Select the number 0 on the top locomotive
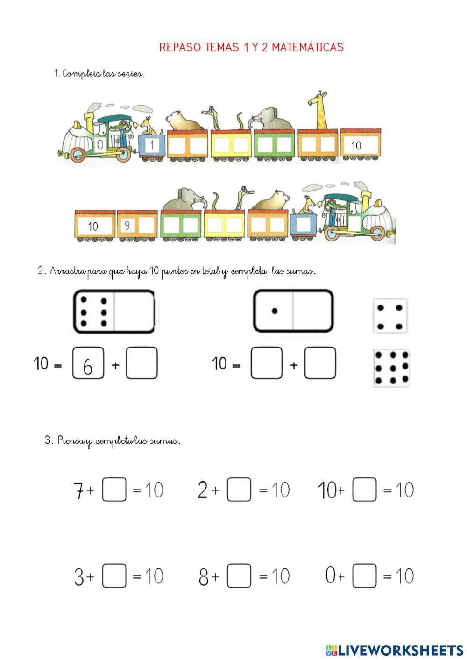pyautogui.click(x=100, y=145)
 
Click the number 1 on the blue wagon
pyautogui.click(x=151, y=146)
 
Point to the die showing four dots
pyautogui.click(x=390, y=316)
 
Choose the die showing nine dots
pyautogui.click(x=391, y=368)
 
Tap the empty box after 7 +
pyautogui.click(x=114, y=490)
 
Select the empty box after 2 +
pyautogui.click(x=239, y=490)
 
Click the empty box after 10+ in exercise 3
pyautogui.click(x=364, y=490)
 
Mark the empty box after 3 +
pyautogui.click(x=114, y=576)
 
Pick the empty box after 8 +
pyautogui.click(x=239, y=576)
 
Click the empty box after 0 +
pyautogui.click(x=364, y=576)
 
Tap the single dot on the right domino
pyautogui.click(x=274, y=311)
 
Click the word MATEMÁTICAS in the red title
pyautogui.click(x=308, y=47)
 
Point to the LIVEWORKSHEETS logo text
pyautogui.click(x=401, y=650)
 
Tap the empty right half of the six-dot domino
pyautogui.click(x=134, y=312)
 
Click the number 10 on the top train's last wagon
pyautogui.click(x=356, y=146)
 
